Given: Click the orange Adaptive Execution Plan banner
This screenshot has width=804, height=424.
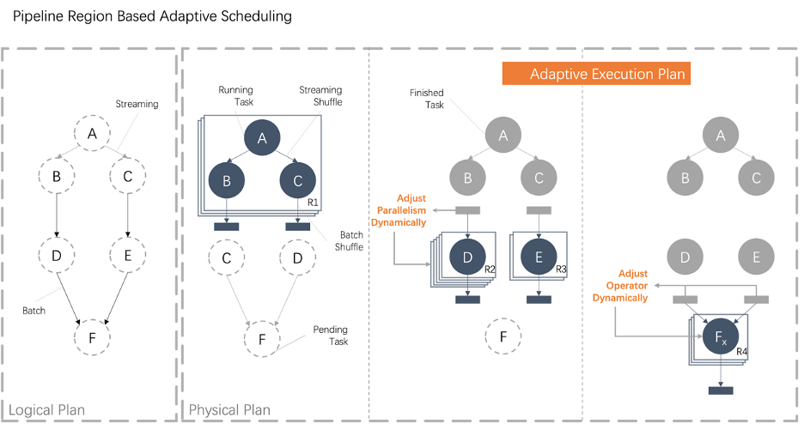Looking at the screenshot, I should coord(596,74).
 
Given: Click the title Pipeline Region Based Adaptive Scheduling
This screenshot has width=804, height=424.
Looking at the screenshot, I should coord(152,16).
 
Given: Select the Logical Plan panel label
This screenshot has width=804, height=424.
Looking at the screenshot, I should coord(48,409).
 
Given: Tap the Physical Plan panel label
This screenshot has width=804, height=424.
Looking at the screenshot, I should coord(229,409).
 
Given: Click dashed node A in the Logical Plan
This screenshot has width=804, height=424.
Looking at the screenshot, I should coord(92,133).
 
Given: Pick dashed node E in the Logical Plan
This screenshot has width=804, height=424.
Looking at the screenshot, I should coord(128,255).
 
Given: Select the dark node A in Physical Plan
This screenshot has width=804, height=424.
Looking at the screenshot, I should coord(263,138).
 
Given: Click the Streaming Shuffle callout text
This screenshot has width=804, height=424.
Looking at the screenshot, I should coord(320,95).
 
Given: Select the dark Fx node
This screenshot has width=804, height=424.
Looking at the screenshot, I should coord(720,338).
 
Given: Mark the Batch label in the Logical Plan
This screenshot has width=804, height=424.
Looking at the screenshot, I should coord(33,310).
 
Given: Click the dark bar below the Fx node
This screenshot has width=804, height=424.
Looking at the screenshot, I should coord(720,391).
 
